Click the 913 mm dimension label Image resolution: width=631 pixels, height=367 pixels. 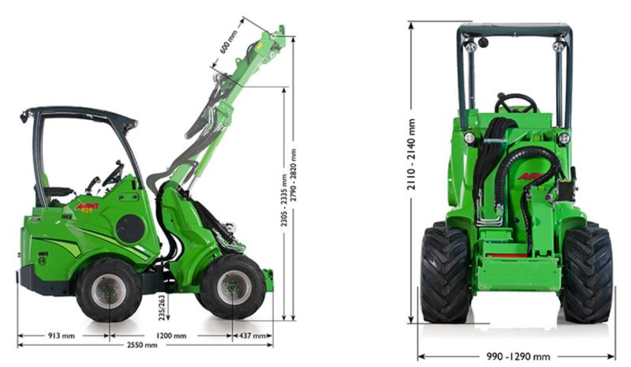click(62, 335)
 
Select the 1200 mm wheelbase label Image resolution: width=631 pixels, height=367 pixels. click(171, 335)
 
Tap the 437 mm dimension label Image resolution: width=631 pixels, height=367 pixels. click(252, 335)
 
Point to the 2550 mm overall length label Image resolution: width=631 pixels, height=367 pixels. click(142, 345)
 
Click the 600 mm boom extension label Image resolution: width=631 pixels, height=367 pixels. click(229, 42)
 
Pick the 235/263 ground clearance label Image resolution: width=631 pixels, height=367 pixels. click(162, 308)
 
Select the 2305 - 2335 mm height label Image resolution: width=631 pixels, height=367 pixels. click(284, 200)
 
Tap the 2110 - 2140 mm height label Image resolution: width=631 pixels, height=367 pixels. click(411, 154)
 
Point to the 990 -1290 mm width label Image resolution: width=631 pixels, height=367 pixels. click(518, 357)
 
